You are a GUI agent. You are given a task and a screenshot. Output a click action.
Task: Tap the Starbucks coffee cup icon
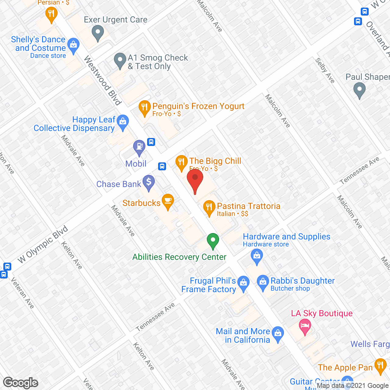168,201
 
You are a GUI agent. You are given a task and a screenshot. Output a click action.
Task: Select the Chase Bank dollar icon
149,182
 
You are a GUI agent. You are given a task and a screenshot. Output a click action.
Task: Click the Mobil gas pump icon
139,147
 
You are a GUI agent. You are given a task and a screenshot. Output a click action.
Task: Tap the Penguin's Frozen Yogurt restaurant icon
144,107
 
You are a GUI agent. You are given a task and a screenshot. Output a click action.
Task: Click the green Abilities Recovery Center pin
213,240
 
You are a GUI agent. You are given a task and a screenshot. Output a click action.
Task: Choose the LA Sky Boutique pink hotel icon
305,326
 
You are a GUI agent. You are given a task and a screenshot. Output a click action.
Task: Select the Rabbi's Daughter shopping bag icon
263,282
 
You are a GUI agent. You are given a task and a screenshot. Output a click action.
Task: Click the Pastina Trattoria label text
249,206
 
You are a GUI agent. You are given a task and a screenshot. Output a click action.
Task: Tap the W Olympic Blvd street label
43,244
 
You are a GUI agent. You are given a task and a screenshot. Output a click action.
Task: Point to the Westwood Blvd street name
103,80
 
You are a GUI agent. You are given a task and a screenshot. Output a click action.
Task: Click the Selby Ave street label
325,70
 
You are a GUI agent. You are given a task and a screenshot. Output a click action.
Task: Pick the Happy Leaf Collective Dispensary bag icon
123,122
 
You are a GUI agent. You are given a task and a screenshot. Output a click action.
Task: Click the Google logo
21,383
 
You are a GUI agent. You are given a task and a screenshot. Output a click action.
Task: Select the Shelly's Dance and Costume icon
73,45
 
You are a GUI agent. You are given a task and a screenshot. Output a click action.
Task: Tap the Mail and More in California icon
278,333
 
